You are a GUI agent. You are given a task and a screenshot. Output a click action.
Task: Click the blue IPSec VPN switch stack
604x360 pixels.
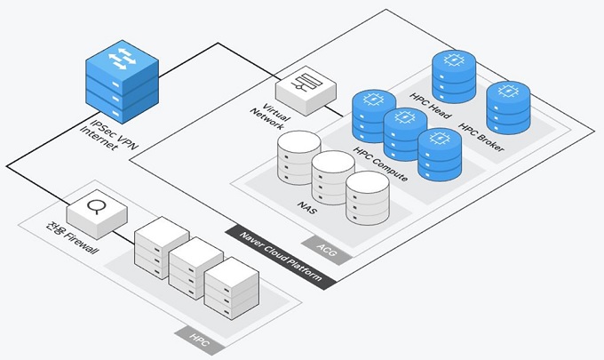[x=122, y=85]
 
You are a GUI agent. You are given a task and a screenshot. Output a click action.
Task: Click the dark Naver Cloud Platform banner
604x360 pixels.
[x=280, y=258]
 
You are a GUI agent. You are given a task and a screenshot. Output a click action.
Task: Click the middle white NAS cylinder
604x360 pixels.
[x=333, y=179]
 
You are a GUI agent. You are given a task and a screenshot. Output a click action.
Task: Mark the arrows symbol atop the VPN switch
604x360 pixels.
[x=122, y=61]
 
